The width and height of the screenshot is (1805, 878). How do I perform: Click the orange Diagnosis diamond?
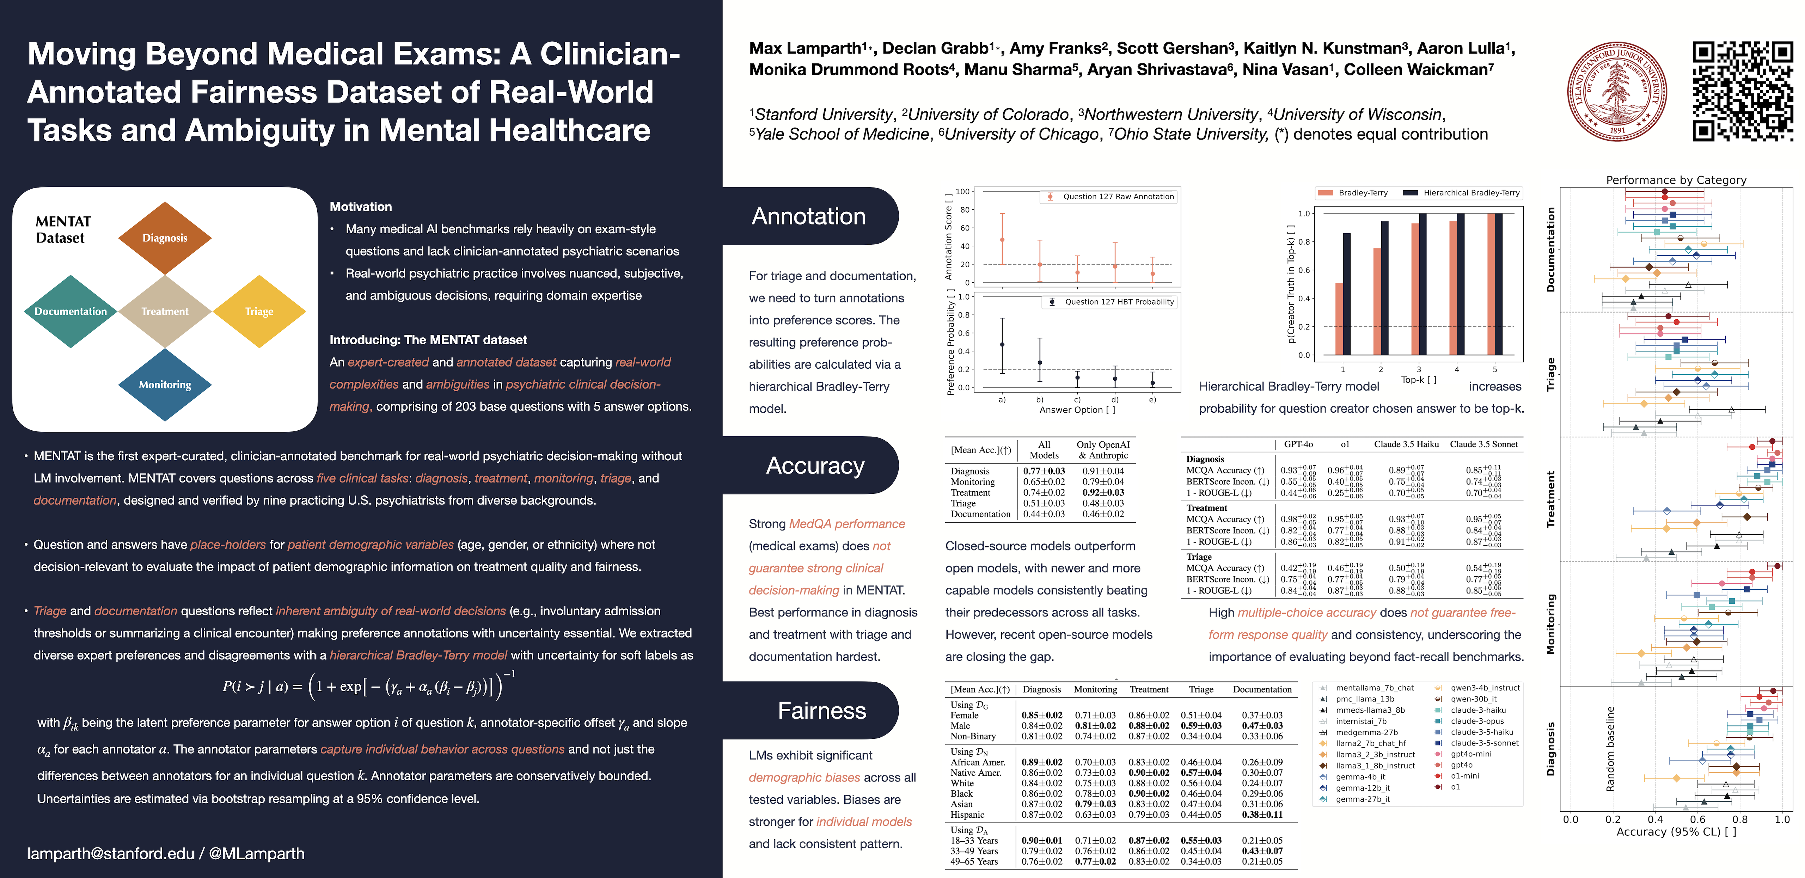[x=165, y=238]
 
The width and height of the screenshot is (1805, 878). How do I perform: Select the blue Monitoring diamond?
[x=165, y=385]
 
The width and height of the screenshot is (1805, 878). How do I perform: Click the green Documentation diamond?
[x=71, y=311]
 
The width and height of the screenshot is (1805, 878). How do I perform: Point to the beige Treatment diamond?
[x=165, y=311]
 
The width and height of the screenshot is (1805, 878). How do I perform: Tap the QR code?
[x=1743, y=90]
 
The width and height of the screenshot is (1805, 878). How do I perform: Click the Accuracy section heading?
[x=815, y=465]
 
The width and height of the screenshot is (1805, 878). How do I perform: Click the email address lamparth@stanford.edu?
[x=111, y=853]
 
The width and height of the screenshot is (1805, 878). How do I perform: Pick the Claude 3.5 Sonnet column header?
[x=1483, y=444]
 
